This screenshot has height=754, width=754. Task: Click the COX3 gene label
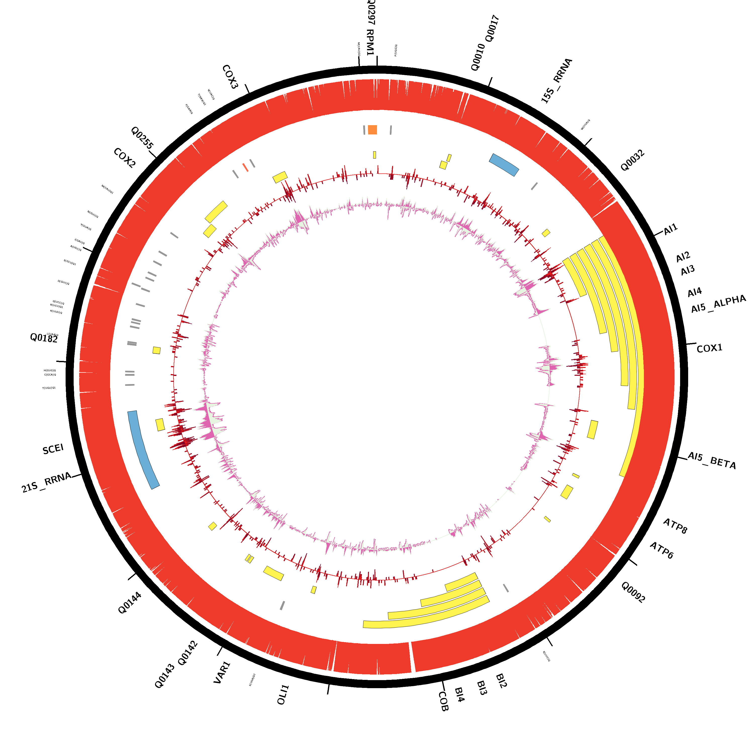coord(230,77)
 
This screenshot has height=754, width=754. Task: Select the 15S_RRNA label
coord(556,81)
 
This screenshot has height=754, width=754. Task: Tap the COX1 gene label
coord(710,348)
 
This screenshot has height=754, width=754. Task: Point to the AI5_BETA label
coord(712,460)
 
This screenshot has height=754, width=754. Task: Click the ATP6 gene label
coord(662,550)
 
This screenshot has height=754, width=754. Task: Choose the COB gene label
coord(443,701)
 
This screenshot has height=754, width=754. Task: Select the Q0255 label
coord(142,138)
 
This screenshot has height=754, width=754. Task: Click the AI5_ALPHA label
coord(719,304)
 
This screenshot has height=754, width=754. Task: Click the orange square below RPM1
coord(372,130)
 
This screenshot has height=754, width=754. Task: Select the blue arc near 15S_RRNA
coord(504,165)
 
